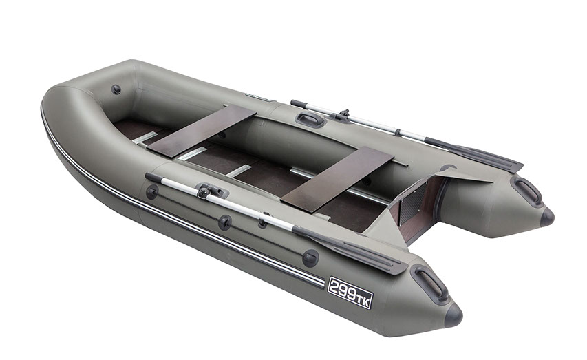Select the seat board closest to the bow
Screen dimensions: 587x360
pyautogui.click(x=202, y=130)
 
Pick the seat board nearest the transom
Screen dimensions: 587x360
pyautogui.click(x=337, y=179)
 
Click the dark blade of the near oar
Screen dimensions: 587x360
pyautogui.click(x=350, y=249)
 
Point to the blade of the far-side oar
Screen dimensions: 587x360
pyautogui.click(x=473, y=153)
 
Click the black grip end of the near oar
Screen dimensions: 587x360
pyautogui.click(x=153, y=177)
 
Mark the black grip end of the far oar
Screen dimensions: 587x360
pyautogui.click(x=297, y=103)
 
